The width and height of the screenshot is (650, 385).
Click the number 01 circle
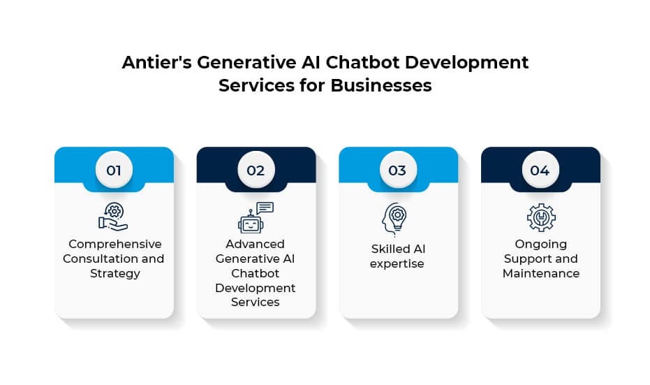pyautogui.click(x=114, y=170)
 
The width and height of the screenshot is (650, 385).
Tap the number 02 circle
pyautogui.click(x=256, y=170)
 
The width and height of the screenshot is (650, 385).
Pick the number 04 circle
pyautogui.click(x=540, y=170)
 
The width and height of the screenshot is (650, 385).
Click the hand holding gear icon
pyautogui.click(x=113, y=217)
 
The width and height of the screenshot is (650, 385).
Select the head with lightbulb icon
pyautogui.click(x=394, y=219)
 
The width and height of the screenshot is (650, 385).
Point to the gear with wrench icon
pyautogui.click(x=541, y=217)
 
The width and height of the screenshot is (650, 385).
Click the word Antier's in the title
pyautogui.click(x=156, y=63)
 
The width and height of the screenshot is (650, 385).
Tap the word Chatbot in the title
pyautogui.click(x=362, y=63)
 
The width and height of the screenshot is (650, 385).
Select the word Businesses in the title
pyautogui.click(x=381, y=85)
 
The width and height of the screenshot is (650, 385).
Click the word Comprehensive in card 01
pyautogui.click(x=115, y=244)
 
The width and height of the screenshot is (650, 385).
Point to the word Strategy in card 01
pyautogui.click(x=115, y=273)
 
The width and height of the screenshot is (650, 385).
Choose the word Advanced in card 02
pyautogui.click(x=255, y=244)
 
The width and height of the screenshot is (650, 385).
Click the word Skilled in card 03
pyautogui.click(x=387, y=249)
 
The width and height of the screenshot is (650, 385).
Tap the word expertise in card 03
pyautogui.click(x=397, y=264)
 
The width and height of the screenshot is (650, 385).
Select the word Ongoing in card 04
pyautogui.click(x=540, y=245)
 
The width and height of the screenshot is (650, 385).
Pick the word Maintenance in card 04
pyautogui.click(x=541, y=273)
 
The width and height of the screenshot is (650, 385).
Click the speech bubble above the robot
pyautogui.click(x=265, y=208)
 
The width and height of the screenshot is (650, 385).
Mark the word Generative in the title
pyautogui.click(x=246, y=63)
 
